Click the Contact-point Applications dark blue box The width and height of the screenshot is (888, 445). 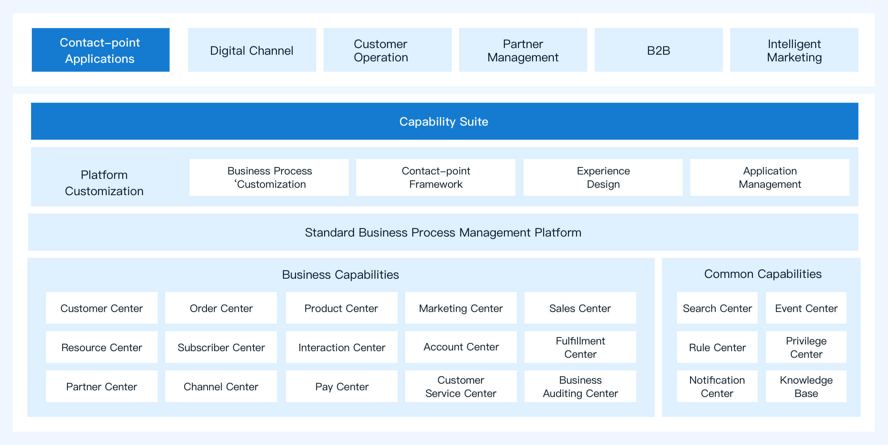pyautogui.click(x=101, y=50)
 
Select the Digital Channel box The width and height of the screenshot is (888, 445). pyautogui.click(x=252, y=50)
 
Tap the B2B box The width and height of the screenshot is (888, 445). pyautogui.click(x=659, y=50)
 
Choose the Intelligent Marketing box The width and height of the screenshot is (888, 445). pyautogui.click(x=794, y=50)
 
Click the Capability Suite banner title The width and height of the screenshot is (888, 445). pyautogui.click(x=444, y=122)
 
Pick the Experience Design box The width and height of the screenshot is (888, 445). pyautogui.click(x=603, y=177)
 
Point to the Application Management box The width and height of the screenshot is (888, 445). pyautogui.click(x=770, y=177)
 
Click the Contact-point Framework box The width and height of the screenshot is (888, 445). pyautogui.click(x=435, y=177)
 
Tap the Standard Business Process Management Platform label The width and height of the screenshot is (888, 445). pyautogui.click(x=443, y=232)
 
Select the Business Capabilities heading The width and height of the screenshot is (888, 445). pyautogui.click(x=340, y=275)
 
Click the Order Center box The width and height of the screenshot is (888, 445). pyautogui.click(x=221, y=308)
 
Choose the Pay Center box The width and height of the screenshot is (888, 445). pyautogui.click(x=342, y=386)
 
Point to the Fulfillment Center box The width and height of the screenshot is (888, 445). pyautogui.click(x=580, y=347)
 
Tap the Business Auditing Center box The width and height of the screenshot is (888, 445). pyautogui.click(x=580, y=386)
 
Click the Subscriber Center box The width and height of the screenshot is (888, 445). pyautogui.click(x=221, y=347)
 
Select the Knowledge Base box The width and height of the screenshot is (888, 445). pyautogui.click(x=806, y=386)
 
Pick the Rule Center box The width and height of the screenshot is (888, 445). pyautogui.click(x=717, y=347)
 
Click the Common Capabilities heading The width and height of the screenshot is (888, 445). pyautogui.click(x=763, y=274)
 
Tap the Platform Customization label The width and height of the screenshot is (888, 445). pyautogui.click(x=104, y=183)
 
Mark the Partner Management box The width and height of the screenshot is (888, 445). pyautogui.click(x=523, y=50)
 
